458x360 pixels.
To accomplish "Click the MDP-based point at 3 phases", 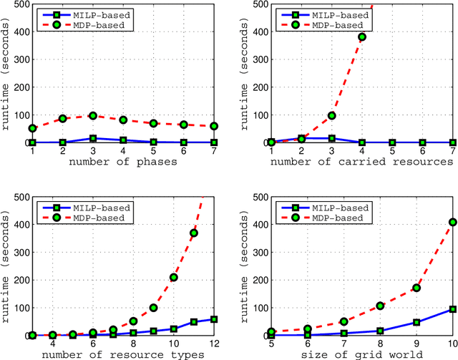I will pos(92,115).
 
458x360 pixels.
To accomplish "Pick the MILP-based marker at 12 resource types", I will pos(213,319).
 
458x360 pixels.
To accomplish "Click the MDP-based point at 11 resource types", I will pos(193,233).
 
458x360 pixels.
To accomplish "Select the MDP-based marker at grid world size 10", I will pos(452,222).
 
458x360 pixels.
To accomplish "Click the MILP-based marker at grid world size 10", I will pos(452,309).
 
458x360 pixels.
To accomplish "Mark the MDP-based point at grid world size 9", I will pos(416,288).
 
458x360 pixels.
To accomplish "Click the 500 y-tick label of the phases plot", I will pos(20,4).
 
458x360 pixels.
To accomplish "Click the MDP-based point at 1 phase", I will pos(33,129).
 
